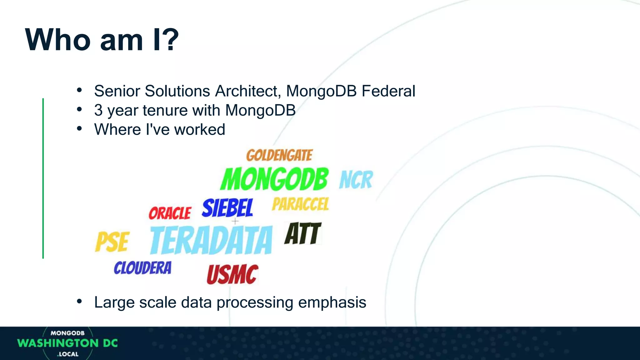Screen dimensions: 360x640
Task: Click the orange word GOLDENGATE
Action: tap(279, 155)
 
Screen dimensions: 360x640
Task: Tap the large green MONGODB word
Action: tap(274, 179)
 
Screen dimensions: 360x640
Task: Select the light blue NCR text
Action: tap(356, 180)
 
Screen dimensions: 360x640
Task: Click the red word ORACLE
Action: tap(170, 213)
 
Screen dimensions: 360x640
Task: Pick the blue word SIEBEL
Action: tap(227, 208)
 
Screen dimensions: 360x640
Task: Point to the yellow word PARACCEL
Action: tap(300, 204)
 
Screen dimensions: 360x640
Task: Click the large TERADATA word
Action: tap(211, 240)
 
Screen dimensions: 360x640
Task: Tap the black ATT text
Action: tap(302, 234)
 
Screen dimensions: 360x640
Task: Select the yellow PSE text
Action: tap(112, 242)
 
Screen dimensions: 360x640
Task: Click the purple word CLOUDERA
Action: tap(142, 268)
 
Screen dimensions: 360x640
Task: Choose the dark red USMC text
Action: tap(232, 275)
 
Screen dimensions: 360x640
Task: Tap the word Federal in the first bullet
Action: tap(388, 91)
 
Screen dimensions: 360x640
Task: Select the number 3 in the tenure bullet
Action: tap(98, 111)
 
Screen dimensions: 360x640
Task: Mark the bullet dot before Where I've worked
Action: tap(79, 128)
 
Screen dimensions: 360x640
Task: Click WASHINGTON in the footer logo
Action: tap(58, 343)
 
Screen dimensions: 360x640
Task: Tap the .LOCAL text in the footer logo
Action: tap(68, 354)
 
